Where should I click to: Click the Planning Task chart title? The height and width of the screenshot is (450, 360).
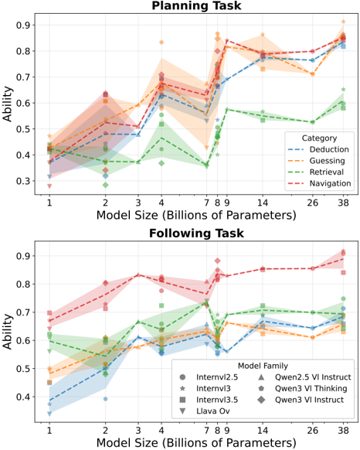coord(196,5)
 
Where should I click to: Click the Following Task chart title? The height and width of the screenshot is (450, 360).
coord(196,233)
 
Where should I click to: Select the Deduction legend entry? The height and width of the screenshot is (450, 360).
coord(318,149)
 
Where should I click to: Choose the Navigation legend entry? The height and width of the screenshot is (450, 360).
coord(319,183)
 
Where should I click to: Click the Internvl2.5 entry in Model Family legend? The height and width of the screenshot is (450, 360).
coord(209,377)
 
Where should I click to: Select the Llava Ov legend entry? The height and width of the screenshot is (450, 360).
coord(204,411)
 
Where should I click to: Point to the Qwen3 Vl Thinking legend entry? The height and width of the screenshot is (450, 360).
coord(302,388)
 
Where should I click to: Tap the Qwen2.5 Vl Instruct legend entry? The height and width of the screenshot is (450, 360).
coord(304,377)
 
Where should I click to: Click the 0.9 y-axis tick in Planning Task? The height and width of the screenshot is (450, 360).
coord(22,26)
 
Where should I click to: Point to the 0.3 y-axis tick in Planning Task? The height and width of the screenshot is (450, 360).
coord(22,181)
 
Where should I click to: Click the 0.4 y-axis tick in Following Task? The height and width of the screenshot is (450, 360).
coord(22,397)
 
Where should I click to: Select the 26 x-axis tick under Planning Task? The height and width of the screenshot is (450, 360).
coord(312,203)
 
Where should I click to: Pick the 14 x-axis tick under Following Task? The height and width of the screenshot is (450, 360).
coord(263,430)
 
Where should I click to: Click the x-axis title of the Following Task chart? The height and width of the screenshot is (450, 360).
coord(196,442)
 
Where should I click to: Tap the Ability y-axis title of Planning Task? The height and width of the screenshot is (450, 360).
coord(8,104)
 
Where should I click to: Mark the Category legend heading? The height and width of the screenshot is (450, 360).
coord(319,138)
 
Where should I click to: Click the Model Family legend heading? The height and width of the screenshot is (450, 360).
coord(263,366)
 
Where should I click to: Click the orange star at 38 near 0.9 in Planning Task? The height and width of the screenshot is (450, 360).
coord(343,22)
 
